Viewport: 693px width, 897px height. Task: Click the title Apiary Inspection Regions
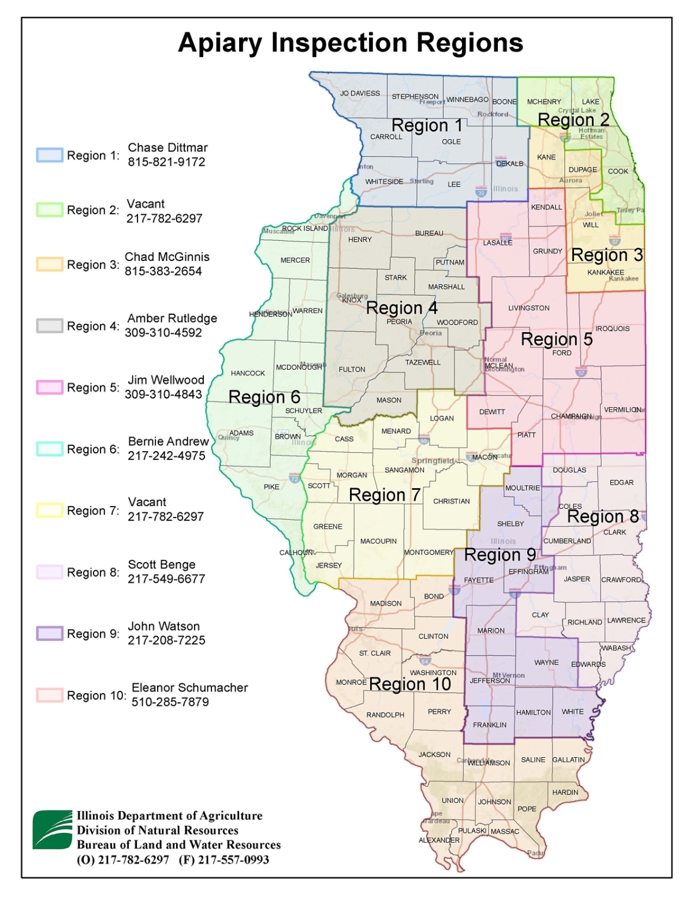tap(351, 43)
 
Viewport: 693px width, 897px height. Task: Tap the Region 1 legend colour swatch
tap(50, 155)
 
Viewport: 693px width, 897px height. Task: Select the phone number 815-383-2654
tap(163, 271)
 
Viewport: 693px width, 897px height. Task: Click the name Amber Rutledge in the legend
tap(172, 318)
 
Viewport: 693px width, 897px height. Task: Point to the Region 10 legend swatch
tap(50, 695)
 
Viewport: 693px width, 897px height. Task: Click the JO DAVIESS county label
tap(360, 93)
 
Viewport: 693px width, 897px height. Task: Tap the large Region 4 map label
tap(402, 308)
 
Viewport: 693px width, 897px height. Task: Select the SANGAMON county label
tap(404, 470)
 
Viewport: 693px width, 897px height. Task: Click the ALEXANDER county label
tap(439, 840)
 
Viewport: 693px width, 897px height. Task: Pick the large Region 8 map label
tap(603, 516)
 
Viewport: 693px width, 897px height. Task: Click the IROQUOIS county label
tap(612, 329)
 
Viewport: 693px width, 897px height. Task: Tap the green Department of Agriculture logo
tap(52, 830)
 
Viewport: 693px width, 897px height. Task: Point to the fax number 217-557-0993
tap(233, 860)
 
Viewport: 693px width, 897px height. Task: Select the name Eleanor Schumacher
tap(189, 688)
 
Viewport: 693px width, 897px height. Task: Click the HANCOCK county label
tap(248, 374)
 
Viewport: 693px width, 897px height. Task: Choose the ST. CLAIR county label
tap(375, 653)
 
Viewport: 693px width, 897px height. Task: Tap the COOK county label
tap(617, 172)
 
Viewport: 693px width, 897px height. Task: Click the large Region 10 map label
tap(410, 684)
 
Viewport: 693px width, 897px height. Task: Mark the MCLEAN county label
tap(498, 366)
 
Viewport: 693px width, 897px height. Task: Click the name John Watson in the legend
tap(163, 626)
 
